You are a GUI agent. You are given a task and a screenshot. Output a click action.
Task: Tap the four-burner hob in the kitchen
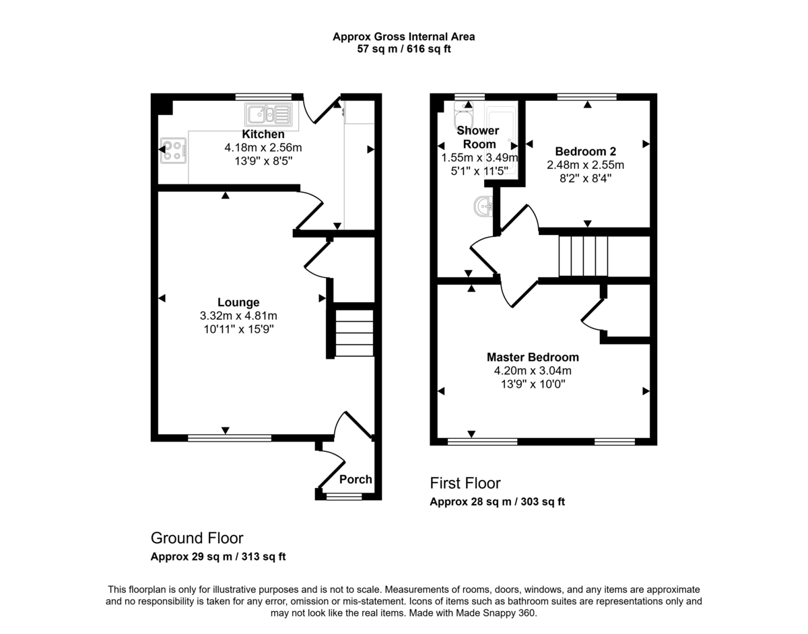(x=173, y=150)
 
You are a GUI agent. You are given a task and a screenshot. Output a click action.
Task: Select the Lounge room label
(x=238, y=303)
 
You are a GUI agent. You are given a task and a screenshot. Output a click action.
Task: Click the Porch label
(x=356, y=479)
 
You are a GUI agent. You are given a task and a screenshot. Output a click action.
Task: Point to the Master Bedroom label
(x=533, y=357)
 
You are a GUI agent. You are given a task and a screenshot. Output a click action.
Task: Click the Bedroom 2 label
(x=585, y=151)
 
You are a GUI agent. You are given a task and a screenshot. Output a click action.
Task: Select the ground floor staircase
(x=354, y=332)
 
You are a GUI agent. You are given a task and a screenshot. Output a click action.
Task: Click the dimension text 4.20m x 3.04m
(x=533, y=370)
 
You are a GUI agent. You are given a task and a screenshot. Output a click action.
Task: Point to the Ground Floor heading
(x=197, y=538)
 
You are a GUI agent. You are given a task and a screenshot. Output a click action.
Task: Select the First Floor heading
(x=465, y=483)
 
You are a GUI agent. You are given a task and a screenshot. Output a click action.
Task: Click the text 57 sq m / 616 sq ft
(x=403, y=49)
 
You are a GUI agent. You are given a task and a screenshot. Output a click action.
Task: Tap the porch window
(x=343, y=497)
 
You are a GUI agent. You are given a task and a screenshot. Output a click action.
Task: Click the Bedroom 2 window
(x=586, y=97)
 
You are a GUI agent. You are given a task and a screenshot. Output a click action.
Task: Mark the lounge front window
(x=230, y=438)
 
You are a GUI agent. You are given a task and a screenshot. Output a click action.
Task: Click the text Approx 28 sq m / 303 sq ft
(x=497, y=501)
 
